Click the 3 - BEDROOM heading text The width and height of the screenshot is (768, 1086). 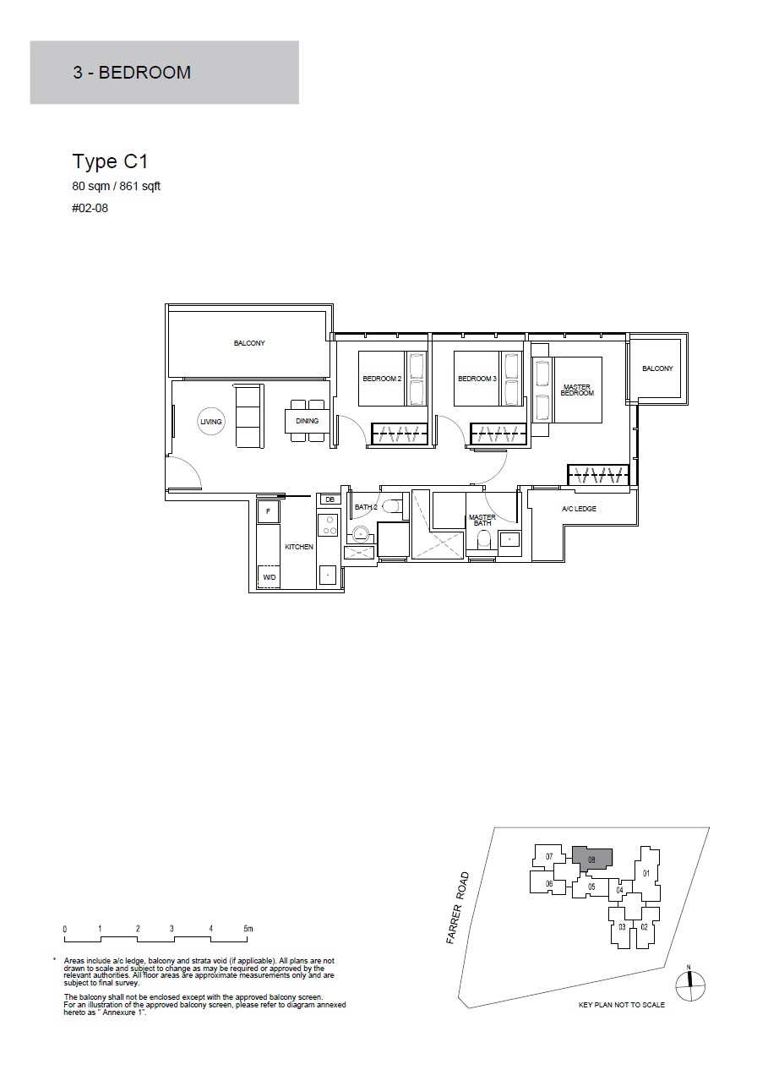coord(132,73)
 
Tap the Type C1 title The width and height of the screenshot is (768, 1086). coord(110,161)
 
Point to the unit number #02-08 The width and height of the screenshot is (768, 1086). coord(90,209)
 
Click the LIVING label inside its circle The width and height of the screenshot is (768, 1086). coord(210,422)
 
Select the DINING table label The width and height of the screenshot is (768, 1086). coord(308,421)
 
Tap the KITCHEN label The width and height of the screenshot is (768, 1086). coord(299,547)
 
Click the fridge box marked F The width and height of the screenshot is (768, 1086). coord(269,512)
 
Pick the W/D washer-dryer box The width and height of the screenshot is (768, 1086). coord(269,577)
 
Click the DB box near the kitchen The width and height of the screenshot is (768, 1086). coord(330,499)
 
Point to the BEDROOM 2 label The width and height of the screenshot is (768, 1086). coord(382,379)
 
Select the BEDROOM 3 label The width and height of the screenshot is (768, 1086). coord(477,379)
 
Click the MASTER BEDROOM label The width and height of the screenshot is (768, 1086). coord(577,390)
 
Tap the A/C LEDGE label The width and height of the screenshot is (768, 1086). coord(579,509)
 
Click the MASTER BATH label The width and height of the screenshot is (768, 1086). coord(482,521)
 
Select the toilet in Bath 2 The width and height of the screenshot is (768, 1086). coord(391,507)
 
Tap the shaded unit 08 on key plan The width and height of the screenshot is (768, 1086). coord(591,860)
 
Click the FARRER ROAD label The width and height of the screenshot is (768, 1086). coord(458,908)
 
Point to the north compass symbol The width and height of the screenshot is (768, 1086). coord(690,985)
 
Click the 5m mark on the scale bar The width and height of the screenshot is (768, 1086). coord(248,930)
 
